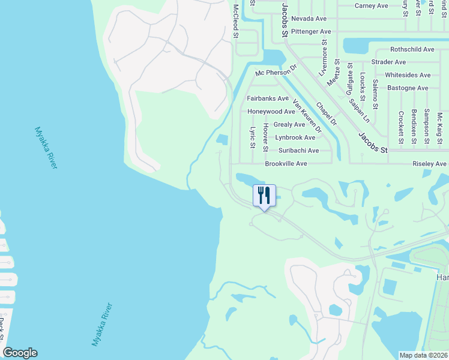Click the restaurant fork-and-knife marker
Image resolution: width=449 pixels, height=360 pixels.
[x=264, y=196]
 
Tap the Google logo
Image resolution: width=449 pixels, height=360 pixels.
[x=20, y=353]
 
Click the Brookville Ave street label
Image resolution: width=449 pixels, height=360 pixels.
[x=286, y=164]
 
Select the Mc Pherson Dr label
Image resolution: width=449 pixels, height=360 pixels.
[x=276, y=72]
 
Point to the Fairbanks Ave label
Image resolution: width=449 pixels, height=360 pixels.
[x=268, y=98]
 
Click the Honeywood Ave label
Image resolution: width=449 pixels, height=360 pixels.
[x=271, y=112]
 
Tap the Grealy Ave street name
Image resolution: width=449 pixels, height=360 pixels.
[x=289, y=125]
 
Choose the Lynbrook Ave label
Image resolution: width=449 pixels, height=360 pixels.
[x=295, y=137]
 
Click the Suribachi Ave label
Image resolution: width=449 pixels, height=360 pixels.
[x=298, y=151]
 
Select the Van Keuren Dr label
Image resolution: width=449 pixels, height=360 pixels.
[x=307, y=116]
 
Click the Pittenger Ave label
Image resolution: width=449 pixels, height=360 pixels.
[x=311, y=31]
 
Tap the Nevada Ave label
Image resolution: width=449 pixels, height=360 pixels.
[x=309, y=19]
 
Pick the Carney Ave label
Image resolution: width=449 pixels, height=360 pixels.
[x=371, y=5]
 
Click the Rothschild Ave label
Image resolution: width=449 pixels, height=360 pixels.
[x=412, y=49]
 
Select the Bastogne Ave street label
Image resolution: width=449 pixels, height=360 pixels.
[x=406, y=88]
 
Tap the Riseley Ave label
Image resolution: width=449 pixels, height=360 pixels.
[x=429, y=164]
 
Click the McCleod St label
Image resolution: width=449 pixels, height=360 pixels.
[x=236, y=21]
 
